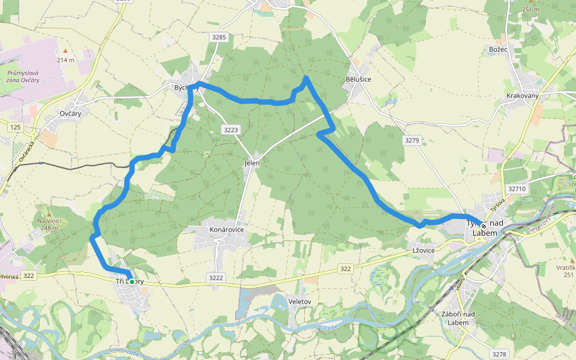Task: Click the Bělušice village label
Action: point(358,79)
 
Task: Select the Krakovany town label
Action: point(523,96)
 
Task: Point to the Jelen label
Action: point(252,163)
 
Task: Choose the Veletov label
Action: point(299,301)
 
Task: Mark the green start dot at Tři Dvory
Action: point(131,281)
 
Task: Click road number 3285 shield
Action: point(219,37)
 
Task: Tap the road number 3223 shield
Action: point(230,130)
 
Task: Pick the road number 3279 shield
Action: point(412,140)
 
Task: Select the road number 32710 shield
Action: point(517,188)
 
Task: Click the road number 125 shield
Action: point(15,127)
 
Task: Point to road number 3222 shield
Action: point(216,277)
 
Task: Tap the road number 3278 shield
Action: point(499,354)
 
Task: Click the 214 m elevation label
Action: point(65,60)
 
